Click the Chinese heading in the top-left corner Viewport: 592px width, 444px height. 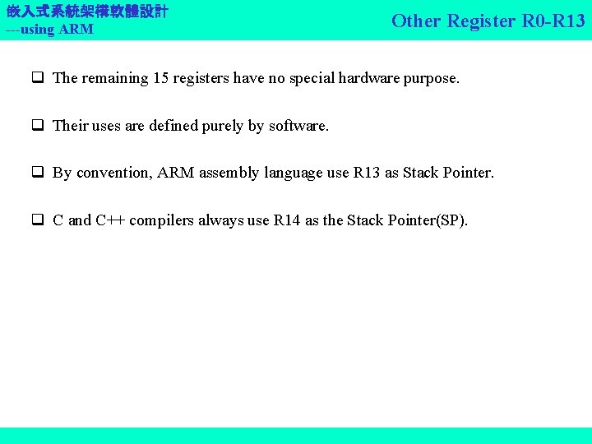tap(87, 12)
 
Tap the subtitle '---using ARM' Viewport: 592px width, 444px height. tap(49, 30)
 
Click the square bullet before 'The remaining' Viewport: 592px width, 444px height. tap(38, 79)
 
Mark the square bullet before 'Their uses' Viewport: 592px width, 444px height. tap(38, 127)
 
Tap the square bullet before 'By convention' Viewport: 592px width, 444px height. tap(38, 173)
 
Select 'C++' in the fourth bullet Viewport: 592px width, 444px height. tap(110, 220)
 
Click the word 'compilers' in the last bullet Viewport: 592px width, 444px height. tap(163, 220)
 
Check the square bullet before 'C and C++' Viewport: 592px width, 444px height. tap(38, 221)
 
